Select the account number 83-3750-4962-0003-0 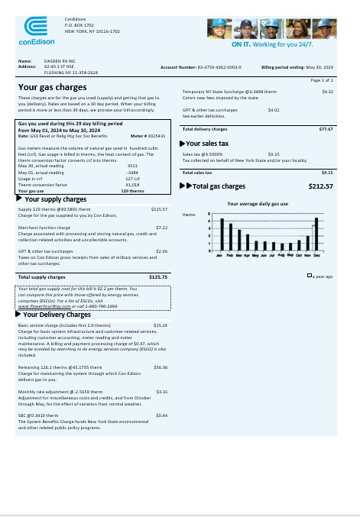pyautogui.click(x=219, y=67)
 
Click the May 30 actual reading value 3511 pyautogui.click(x=132, y=165)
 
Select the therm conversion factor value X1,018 pyautogui.click(x=132, y=184)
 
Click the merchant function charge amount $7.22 pyautogui.click(x=161, y=227)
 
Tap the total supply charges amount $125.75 pyautogui.click(x=158, y=276)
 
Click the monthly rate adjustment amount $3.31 pyautogui.click(x=161, y=391)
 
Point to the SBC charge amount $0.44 pyautogui.click(x=161, y=415)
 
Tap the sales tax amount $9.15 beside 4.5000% pyautogui.click(x=274, y=154)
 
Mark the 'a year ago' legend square pyautogui.click(x=308, y=275)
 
